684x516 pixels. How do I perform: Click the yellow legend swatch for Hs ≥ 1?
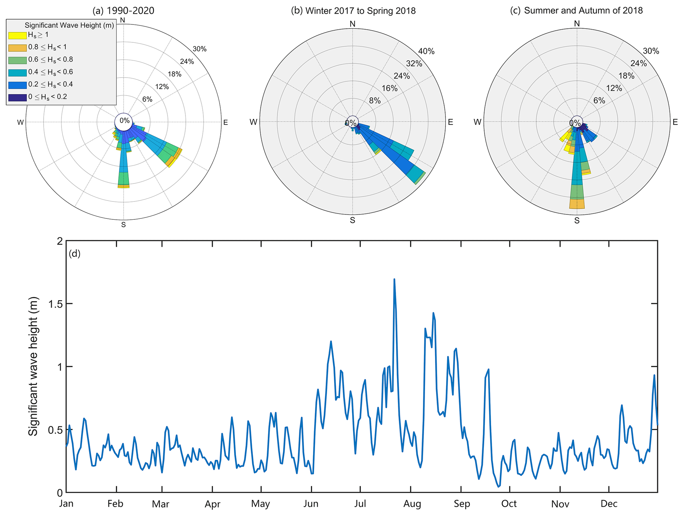tap(17, 35)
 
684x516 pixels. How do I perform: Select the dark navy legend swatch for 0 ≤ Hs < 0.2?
tap(17, 97)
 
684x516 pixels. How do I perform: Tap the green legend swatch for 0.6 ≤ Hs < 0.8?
tap(17, 60)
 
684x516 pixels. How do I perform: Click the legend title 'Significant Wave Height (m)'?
tap(69, 26)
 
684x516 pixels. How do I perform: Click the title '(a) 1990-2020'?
tap(123, 11)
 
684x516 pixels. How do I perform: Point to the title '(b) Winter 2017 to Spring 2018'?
tap(353, 11)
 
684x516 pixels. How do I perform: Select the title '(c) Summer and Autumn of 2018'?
tap(576, 11)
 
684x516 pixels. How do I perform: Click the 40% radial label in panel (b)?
tap(426, 51)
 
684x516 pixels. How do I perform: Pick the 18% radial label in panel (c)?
tap(626, 76)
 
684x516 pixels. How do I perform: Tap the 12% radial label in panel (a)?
tap(162, 87)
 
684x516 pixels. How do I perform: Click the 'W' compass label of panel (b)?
tap(253, 122)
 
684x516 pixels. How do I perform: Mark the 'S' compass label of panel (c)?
tap(577, 221)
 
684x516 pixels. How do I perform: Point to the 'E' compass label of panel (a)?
tap(226, 123)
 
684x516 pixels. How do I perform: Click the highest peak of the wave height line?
tap(394, 279)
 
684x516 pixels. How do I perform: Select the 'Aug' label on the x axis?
tap(412, 504)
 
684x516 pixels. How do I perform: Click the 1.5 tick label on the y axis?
tap(55, 304)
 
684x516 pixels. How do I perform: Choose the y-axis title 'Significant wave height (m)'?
tap(33, 367)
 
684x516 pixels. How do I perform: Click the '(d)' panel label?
tap(74, 254)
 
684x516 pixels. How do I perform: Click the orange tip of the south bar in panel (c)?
tap(577, 204)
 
